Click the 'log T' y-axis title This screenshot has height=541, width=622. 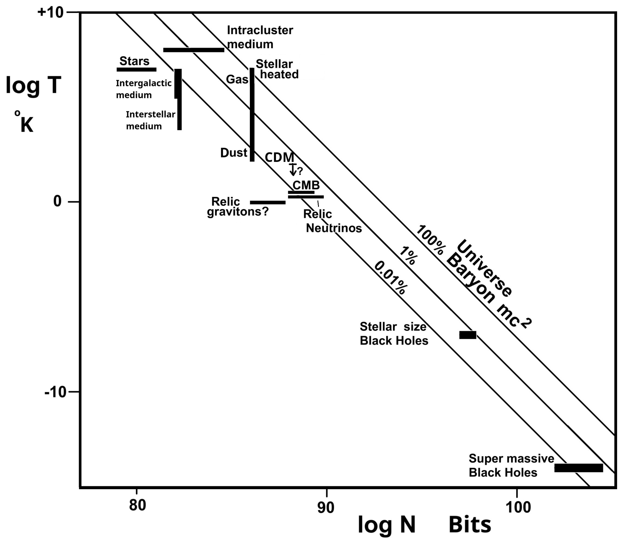tap(33, 85)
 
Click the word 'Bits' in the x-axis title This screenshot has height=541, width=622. tap(469, 525)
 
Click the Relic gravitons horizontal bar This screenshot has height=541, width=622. tap(268, 202)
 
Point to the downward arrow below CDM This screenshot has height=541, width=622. tap(292, 170)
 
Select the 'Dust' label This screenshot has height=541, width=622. tap(234, 153)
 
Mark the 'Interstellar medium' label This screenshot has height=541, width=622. tap(150, 120)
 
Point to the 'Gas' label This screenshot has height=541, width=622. tap(237, 79)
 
